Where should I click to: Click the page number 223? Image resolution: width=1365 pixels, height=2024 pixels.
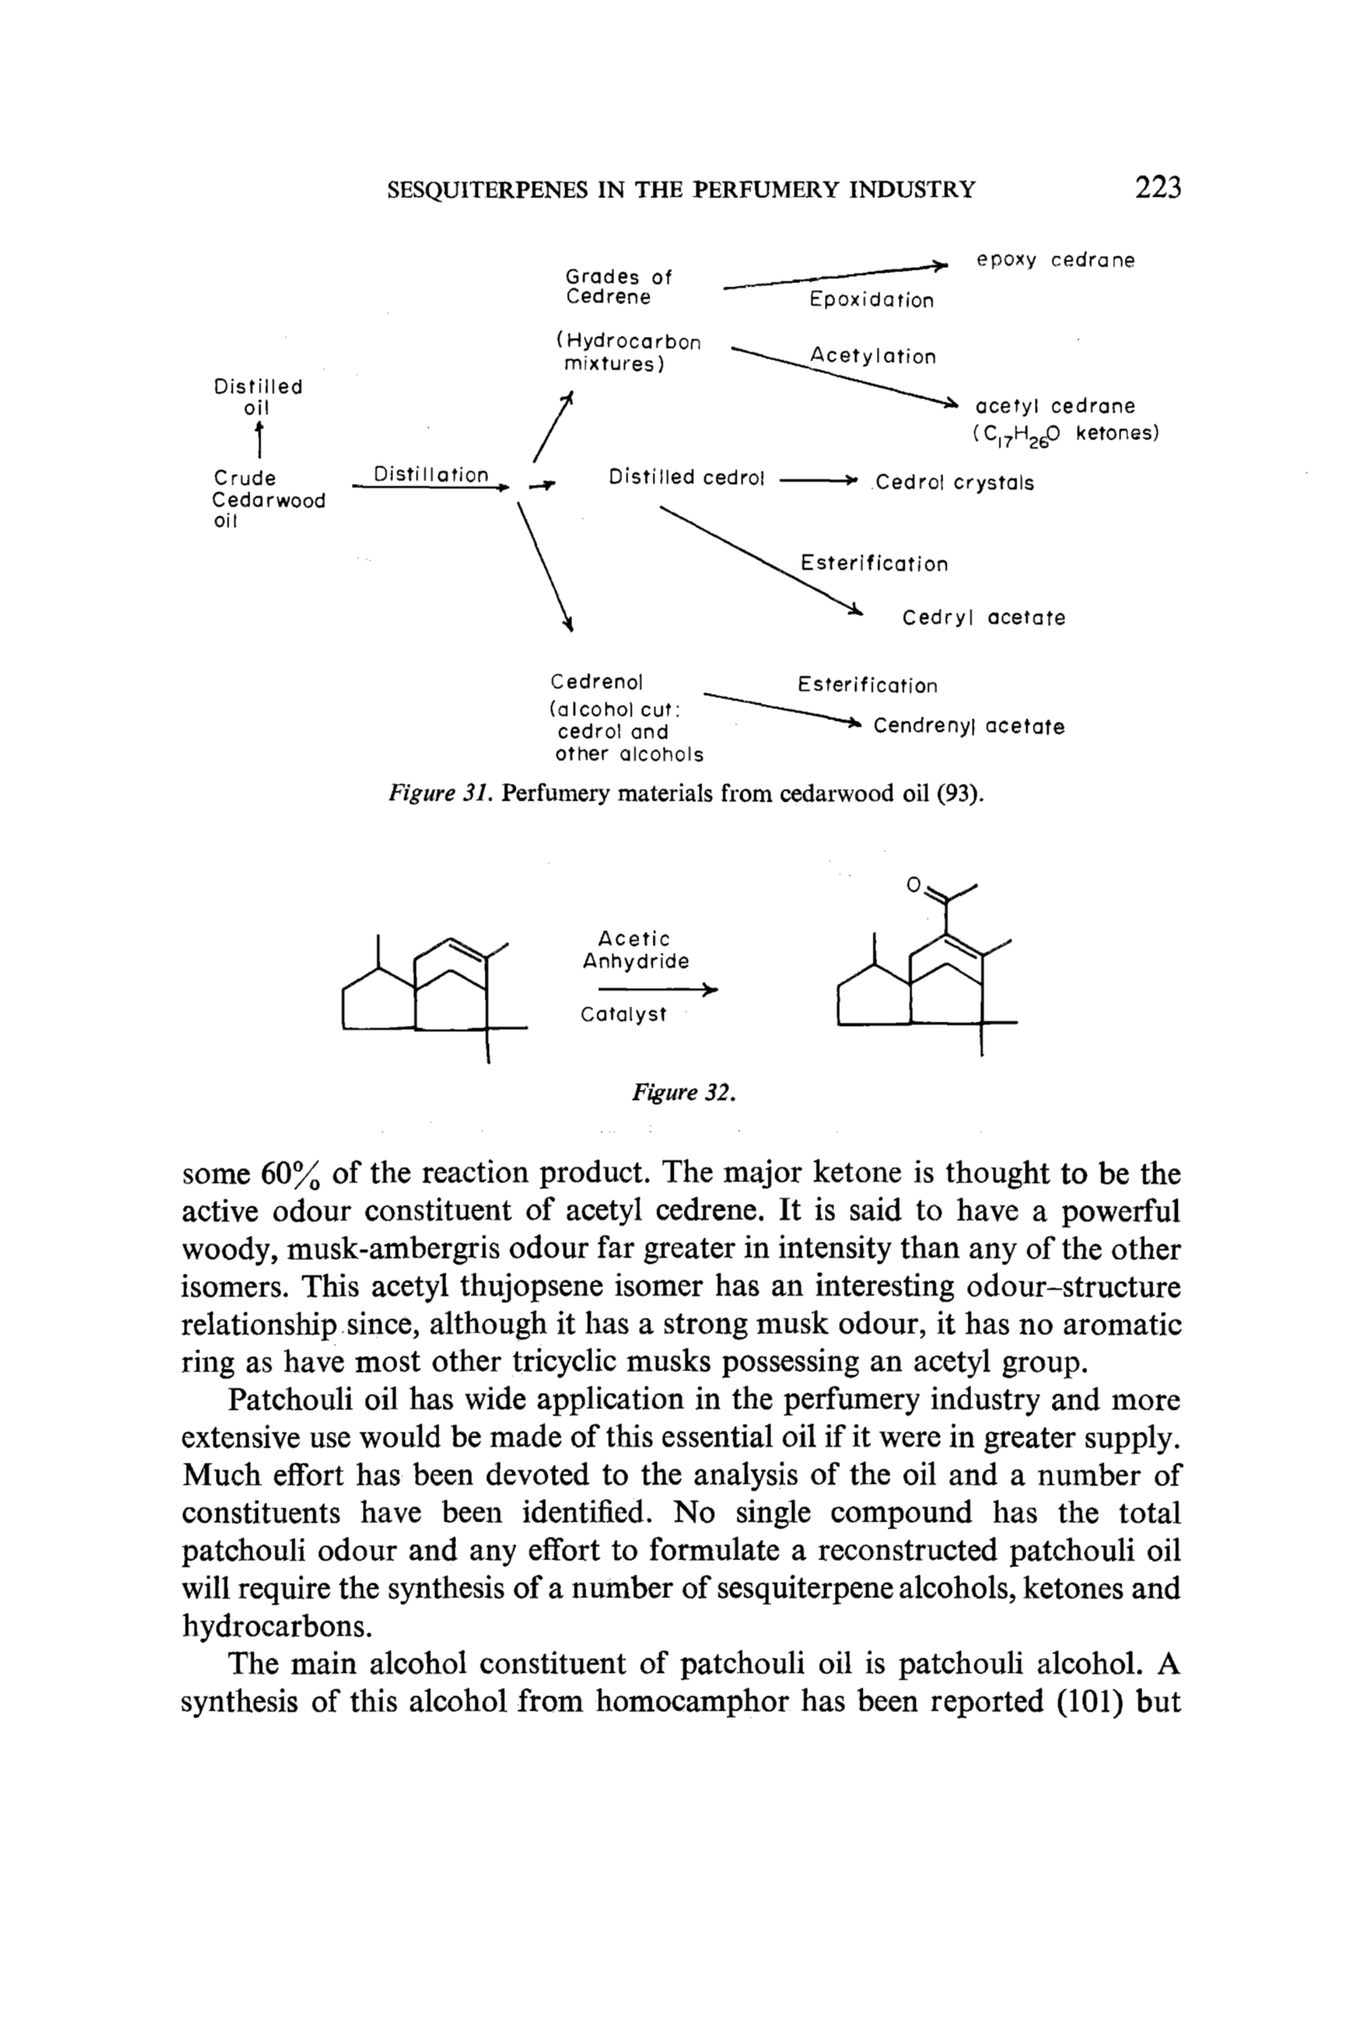click(x=1158, y=188)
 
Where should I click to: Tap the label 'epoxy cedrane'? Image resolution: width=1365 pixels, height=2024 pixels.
click(x=1055, y=260)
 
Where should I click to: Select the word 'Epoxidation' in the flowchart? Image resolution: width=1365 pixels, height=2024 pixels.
click(x=871, y=300)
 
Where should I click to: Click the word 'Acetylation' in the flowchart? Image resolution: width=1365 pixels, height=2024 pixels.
click(x=873, y=356)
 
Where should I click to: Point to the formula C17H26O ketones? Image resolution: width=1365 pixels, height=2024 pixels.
click(x=1067, y=434)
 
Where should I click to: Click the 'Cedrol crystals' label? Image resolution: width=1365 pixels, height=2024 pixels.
click(x=955, y=483)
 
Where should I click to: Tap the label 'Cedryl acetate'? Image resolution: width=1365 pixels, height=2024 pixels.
click(x=984, y=618)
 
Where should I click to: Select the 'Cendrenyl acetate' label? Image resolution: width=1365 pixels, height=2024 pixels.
click(x=969, y=727)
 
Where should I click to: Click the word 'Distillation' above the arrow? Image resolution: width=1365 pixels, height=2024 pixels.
click(x=431, y=475)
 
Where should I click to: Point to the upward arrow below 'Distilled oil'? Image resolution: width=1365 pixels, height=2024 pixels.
click(x=259, y=439)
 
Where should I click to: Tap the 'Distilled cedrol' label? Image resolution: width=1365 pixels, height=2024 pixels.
click(x=686, y=478)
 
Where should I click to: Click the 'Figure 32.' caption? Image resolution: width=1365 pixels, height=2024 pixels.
click(x=685, y=1092)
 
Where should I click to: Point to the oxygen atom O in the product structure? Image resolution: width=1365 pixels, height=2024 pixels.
click(x=913, y=886)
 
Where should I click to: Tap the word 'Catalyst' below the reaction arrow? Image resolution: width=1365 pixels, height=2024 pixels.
click(x=623, y=1015)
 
